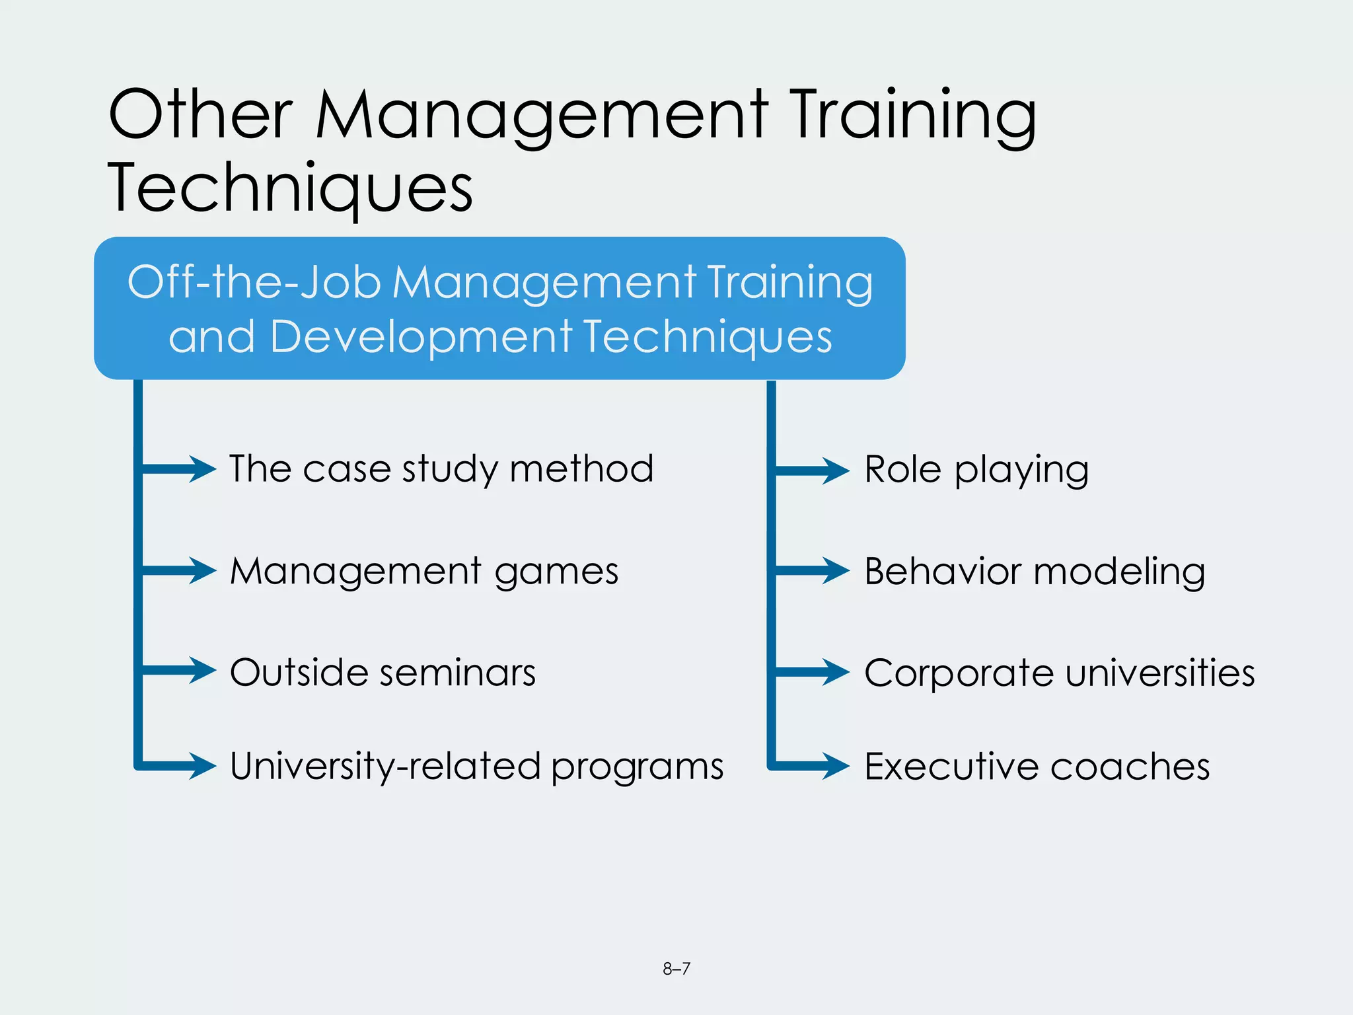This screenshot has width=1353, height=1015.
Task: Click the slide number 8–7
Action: point(676,969)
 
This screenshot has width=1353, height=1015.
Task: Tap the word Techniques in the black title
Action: point(290,188)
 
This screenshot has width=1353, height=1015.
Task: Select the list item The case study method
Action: point(441,469)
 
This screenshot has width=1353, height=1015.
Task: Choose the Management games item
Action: point(424,571)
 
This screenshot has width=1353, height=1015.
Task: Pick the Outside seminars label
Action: point(383,673)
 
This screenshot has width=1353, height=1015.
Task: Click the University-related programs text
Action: point(476,767)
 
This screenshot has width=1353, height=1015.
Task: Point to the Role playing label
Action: point(976,470)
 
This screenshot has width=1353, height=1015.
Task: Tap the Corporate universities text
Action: point(1060,673)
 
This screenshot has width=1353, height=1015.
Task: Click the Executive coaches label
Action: point(1037,767)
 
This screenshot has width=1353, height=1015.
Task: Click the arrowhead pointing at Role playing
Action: point(836,470)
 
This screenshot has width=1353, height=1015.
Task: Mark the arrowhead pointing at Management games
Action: point(202,570)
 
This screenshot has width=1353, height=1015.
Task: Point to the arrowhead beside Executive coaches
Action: point(836,766)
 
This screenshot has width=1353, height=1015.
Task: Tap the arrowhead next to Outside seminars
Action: point(202,670)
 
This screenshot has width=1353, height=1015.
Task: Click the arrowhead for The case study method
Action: point(202,469)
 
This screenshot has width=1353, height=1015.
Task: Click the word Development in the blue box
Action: point(421,336)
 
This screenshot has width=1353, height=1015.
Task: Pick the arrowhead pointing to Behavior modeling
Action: point(836,570)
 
